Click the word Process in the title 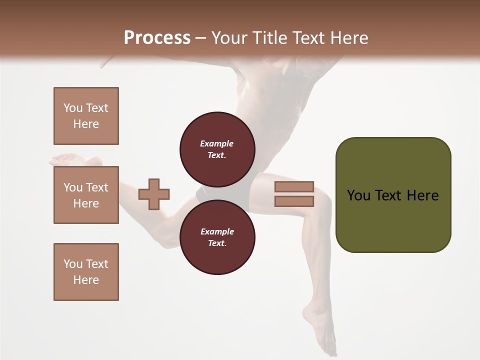tap(157, 38)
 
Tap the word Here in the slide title tap(348, 38)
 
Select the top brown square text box tap(86, 116)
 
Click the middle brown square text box tap(86, 195)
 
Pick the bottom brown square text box tap(86, 272)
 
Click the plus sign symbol tap(154, 194)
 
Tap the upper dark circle tap(217, 149)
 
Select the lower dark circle tap(217, 237)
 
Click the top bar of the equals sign tap(294, 186)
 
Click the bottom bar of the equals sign tap(294, 201)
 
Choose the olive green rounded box tap(393, 195)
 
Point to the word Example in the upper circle tap(217, 143)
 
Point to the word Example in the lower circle tap(217, 231)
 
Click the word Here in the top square tap(86, 124)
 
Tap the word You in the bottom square tap(73, 264)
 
